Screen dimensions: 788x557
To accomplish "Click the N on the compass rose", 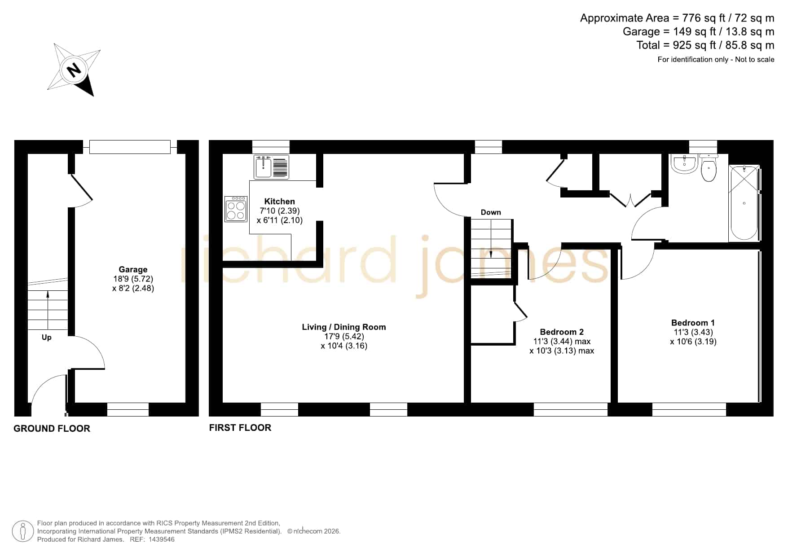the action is [73, 70].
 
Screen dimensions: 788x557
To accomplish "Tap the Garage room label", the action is [133, 269].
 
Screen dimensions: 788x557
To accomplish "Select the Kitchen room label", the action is [279, 201].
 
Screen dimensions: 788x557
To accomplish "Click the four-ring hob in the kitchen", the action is [236, 209].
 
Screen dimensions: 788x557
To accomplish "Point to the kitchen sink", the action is [271, 167].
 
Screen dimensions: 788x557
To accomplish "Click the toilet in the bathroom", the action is [709, 168].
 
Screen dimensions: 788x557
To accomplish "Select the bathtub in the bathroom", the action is [744, 203].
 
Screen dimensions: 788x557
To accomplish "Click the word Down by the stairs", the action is [491, 212].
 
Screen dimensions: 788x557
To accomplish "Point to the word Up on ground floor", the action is [47, 337].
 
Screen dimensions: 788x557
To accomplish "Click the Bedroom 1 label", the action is [693, 322].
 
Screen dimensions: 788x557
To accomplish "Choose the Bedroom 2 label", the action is [562, 332].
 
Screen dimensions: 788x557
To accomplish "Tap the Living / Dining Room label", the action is [344, 327].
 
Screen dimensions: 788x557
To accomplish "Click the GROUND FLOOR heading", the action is [52, 429].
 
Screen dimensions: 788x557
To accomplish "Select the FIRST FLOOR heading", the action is [240, 428].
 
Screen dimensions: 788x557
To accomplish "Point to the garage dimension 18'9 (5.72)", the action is [133, 279].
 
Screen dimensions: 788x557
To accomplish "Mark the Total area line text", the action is [705, 45].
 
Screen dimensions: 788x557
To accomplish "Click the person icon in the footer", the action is [23, 531].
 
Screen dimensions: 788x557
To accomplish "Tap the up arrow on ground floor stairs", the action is [48, 310].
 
